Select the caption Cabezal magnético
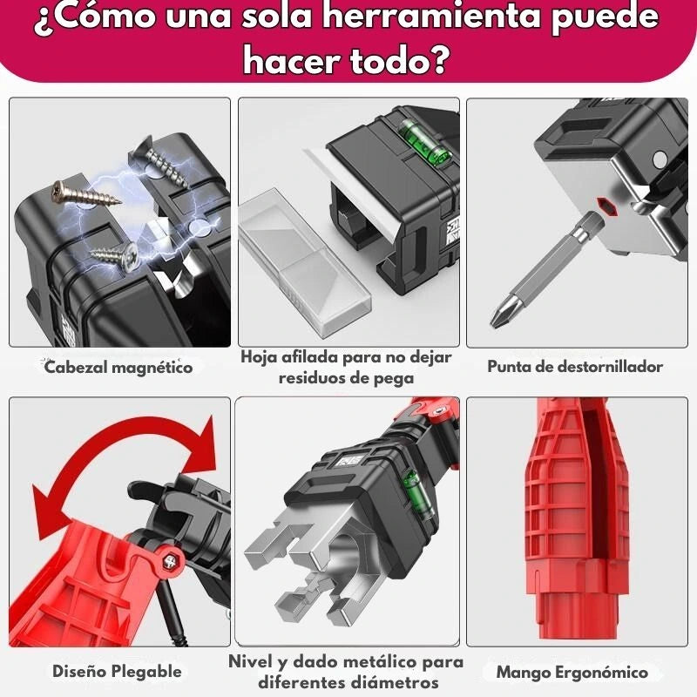click(118, 368)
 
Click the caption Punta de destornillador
click(575, 366)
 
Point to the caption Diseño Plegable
click(117, 671)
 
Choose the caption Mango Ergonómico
click(572, 672)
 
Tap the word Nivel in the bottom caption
click(249, 661)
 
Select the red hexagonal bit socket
click(607, 206)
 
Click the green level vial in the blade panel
click(423, 140)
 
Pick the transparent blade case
click(303, 261)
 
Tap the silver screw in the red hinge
click(170, 561)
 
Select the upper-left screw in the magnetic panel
click(84, 193)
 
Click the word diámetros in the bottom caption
click(393, 682)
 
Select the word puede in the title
click(605, 16)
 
